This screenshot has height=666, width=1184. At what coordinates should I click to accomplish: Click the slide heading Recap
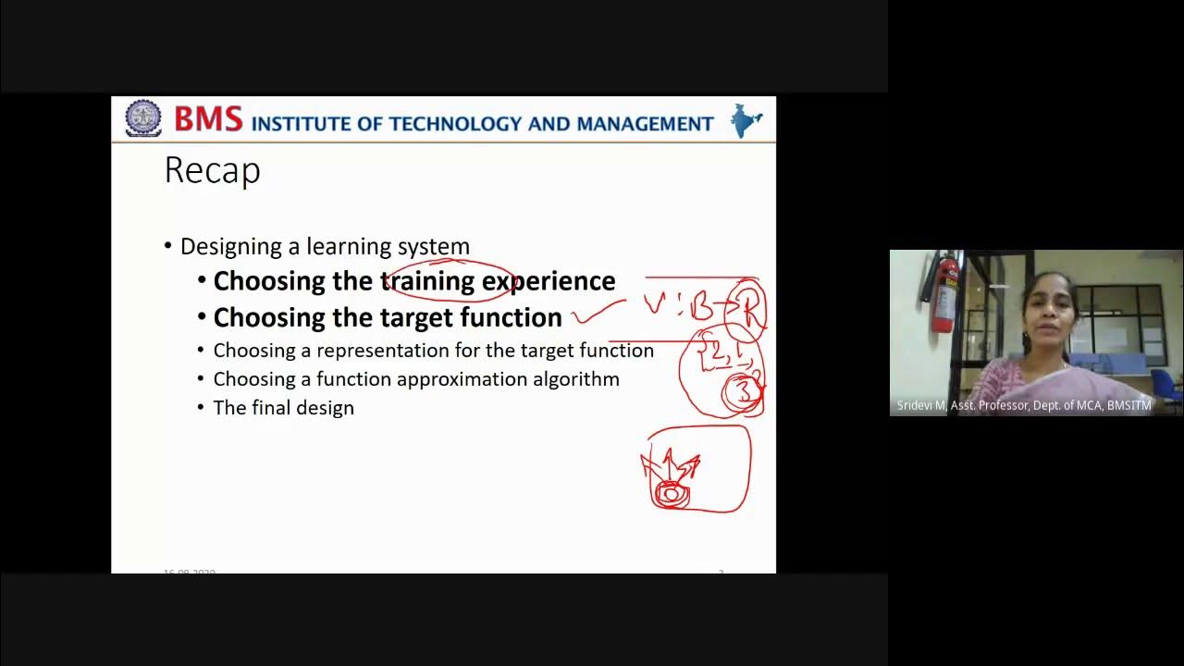coord(212,171)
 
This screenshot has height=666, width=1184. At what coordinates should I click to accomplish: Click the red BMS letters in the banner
coord(208,119)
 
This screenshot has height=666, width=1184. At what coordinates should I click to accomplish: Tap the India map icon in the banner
coord(746,120)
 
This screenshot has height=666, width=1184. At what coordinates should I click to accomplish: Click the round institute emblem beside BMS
coord(143,118)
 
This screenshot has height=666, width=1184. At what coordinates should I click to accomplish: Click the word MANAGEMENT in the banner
coord(645,124)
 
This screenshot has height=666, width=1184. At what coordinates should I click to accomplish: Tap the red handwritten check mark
coord(596,313)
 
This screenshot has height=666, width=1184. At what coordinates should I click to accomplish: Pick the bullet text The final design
coord(283,408)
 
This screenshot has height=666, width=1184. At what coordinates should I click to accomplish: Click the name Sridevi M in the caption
coord(919,406)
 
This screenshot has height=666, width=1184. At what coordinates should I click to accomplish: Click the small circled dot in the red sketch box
coord(670,495)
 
